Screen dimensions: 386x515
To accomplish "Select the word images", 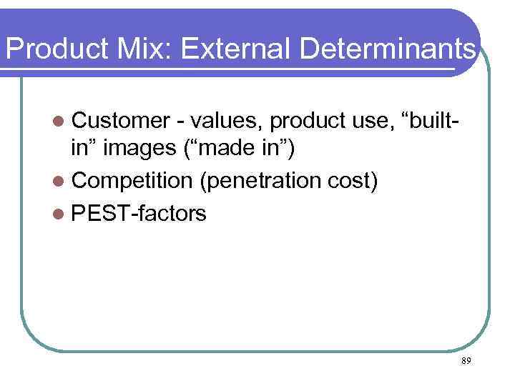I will [x=144, y=149].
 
